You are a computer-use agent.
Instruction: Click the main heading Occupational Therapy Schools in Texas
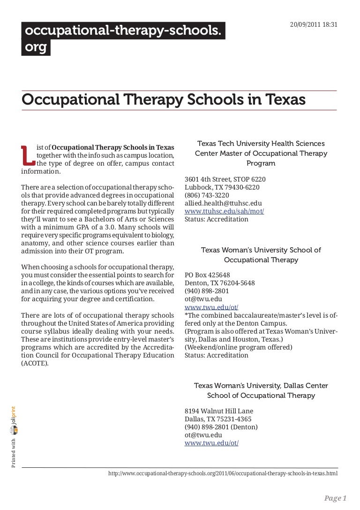click(163, 100)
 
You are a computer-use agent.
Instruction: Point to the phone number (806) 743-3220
click(207, 195)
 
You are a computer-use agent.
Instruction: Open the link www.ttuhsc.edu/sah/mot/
click(225, 211)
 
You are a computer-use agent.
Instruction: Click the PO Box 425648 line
click(207, 275)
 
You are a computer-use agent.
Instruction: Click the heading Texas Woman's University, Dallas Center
click(261, 385)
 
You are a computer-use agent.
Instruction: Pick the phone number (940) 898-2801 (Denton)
click(221, 427)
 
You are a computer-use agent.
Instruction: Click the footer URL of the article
click(223, 474)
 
